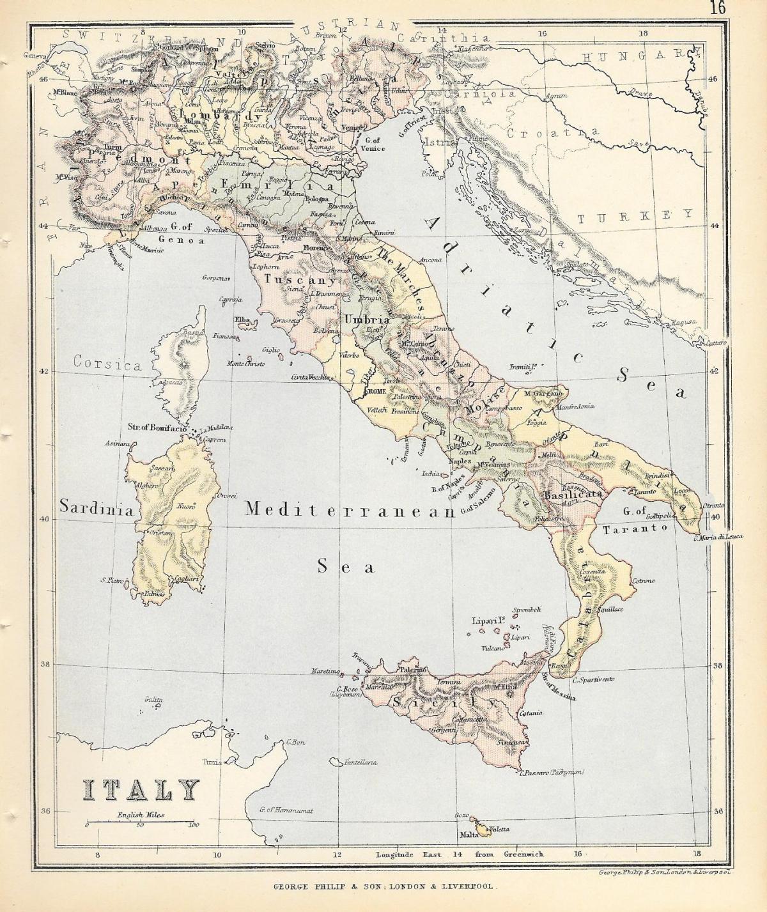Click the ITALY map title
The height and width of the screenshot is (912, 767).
140,791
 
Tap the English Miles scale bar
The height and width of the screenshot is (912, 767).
141,820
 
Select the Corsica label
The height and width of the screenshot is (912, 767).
107,364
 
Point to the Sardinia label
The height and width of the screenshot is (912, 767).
97,509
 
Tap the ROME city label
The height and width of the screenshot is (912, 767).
375,391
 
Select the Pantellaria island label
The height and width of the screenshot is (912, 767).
360,762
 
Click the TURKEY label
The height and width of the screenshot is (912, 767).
634,216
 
